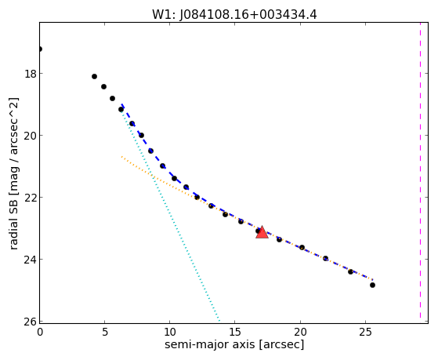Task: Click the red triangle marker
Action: click(262, 232)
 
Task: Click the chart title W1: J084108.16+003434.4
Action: click(234, 15)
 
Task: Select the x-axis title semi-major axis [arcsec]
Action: click(234, 344)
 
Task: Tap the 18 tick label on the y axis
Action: click(31, 74)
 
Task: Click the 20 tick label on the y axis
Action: click(31, 136)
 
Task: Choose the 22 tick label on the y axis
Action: click(31, 198)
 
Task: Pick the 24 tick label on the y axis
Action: click(31, 260)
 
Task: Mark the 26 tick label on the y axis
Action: click(31, 322)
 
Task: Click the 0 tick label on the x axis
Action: click(40, 333)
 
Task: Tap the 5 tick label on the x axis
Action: click(105, 333)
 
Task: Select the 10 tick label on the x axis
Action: click(169, 333)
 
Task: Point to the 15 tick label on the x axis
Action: click(234, 333)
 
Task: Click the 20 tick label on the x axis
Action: click(300, 333)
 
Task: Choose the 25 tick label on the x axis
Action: click(365, 333)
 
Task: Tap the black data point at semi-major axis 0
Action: click(40, 49)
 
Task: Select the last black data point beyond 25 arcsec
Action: click(372, 285)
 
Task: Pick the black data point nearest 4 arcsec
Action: click(94, 76)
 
